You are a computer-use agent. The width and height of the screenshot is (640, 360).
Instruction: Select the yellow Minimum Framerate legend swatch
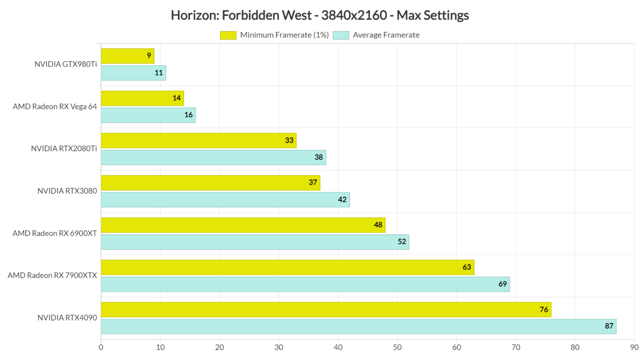click(228, 35)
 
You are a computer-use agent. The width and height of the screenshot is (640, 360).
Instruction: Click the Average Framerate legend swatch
click(341, 35)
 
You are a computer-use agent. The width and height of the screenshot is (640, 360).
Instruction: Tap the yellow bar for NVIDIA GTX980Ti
click(127, 56)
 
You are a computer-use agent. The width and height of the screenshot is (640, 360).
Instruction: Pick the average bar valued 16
click(148, 115)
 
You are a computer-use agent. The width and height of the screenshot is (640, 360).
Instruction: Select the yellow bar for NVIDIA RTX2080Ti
click(198, 140)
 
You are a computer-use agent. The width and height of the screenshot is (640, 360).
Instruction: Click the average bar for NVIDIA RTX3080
click(225, 200)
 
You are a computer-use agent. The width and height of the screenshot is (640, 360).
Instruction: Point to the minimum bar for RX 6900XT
click(243, 225)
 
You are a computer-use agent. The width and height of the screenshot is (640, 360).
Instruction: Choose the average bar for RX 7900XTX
click(305, 284)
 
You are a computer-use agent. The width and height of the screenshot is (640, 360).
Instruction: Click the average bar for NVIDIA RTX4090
click(358, 326)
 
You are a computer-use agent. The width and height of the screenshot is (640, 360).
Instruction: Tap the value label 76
click(544, 310)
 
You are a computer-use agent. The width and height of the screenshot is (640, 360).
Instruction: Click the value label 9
click(149, 56)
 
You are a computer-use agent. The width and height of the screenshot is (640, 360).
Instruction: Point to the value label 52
click(402, 242)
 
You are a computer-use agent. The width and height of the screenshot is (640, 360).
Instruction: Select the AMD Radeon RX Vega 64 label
click(55, 107)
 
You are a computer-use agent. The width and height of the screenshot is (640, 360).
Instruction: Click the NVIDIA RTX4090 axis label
click(67, 318)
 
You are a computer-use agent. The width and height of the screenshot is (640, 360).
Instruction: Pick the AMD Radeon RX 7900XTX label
click(52, 275)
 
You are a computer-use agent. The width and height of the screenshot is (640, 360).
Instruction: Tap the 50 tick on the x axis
click(397, 347)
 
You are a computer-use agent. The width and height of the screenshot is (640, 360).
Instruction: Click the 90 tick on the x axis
click(634, 347)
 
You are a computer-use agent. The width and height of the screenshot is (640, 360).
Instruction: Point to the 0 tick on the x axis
click(101, 347)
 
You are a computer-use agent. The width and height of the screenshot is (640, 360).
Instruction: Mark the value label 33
click(289, 140)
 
